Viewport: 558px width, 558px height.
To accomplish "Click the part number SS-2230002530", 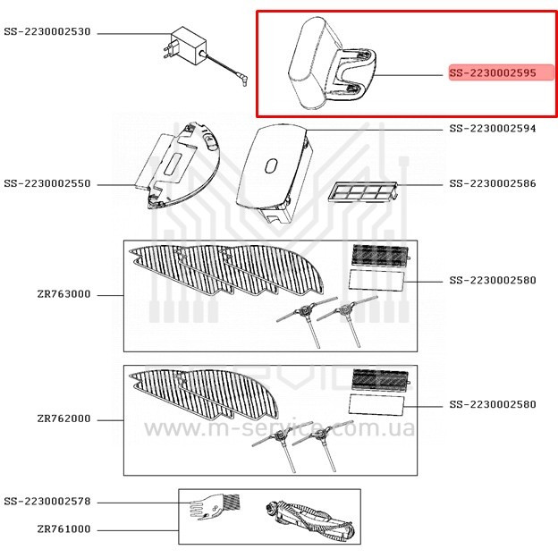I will point(47,32).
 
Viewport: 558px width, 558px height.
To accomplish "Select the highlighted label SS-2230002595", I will point(493,73).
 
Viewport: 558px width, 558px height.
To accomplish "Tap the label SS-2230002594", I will point(493,129).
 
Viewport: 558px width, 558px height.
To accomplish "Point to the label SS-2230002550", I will point(47,184).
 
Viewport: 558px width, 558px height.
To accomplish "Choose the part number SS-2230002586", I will point(493,184).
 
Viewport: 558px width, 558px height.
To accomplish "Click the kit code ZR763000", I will point(63,293).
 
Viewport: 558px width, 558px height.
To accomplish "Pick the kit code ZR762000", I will point(63,418).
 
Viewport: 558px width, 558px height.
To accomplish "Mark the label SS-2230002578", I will point(47,503).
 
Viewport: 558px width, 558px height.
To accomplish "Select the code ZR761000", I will point(63,529).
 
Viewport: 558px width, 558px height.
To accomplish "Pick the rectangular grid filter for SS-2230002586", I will point(361,190).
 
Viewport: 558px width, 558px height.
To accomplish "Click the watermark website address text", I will point(279,429).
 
